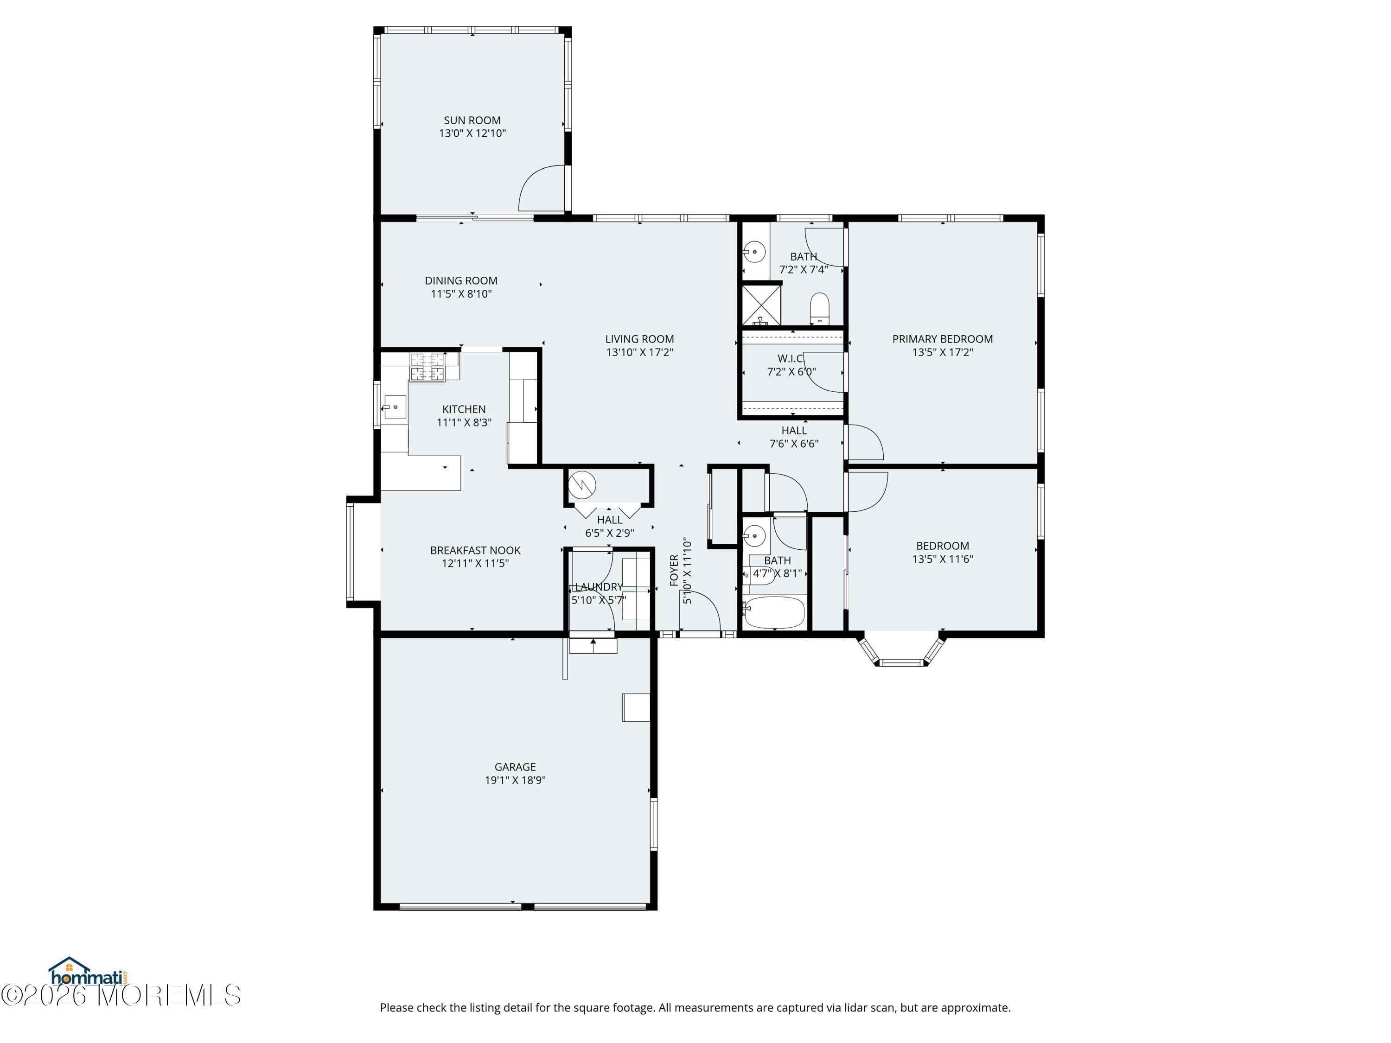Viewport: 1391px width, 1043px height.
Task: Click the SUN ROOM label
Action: pyautogui.click(x=472, y=120)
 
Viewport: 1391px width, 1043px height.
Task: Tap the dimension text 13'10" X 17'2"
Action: pyautogui.click(x=639, y=352)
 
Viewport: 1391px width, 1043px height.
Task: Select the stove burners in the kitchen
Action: pyautogui.click(x=428, y=367)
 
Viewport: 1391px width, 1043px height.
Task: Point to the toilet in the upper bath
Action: pyautogui.click(x=819, y=308)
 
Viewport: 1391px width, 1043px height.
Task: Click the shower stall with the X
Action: pyautogui.click(x=761, y=305)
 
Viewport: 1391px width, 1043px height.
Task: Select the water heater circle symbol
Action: pyautogui.click(x=582, y=485)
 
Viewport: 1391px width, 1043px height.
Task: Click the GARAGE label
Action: pyautogui.click(x=515, y=767)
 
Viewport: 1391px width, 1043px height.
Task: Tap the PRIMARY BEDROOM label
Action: pyautogui.click(x=942, y=339)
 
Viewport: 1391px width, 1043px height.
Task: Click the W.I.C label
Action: pyautogui.click(x=791, y=358)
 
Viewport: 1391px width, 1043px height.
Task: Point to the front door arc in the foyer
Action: pyautogui.click(x=703, y=610)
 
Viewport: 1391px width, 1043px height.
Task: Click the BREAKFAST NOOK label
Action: pyautogui.click(x=475, y=550)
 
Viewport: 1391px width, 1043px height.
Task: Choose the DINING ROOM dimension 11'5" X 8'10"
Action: pyautogui.click(x=461, y=293)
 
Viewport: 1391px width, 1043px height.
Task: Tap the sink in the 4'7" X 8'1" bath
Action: pyautogui.click(x=754, y=536)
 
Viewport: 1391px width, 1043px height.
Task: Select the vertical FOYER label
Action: pyautogui.click(x=674, y=570)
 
